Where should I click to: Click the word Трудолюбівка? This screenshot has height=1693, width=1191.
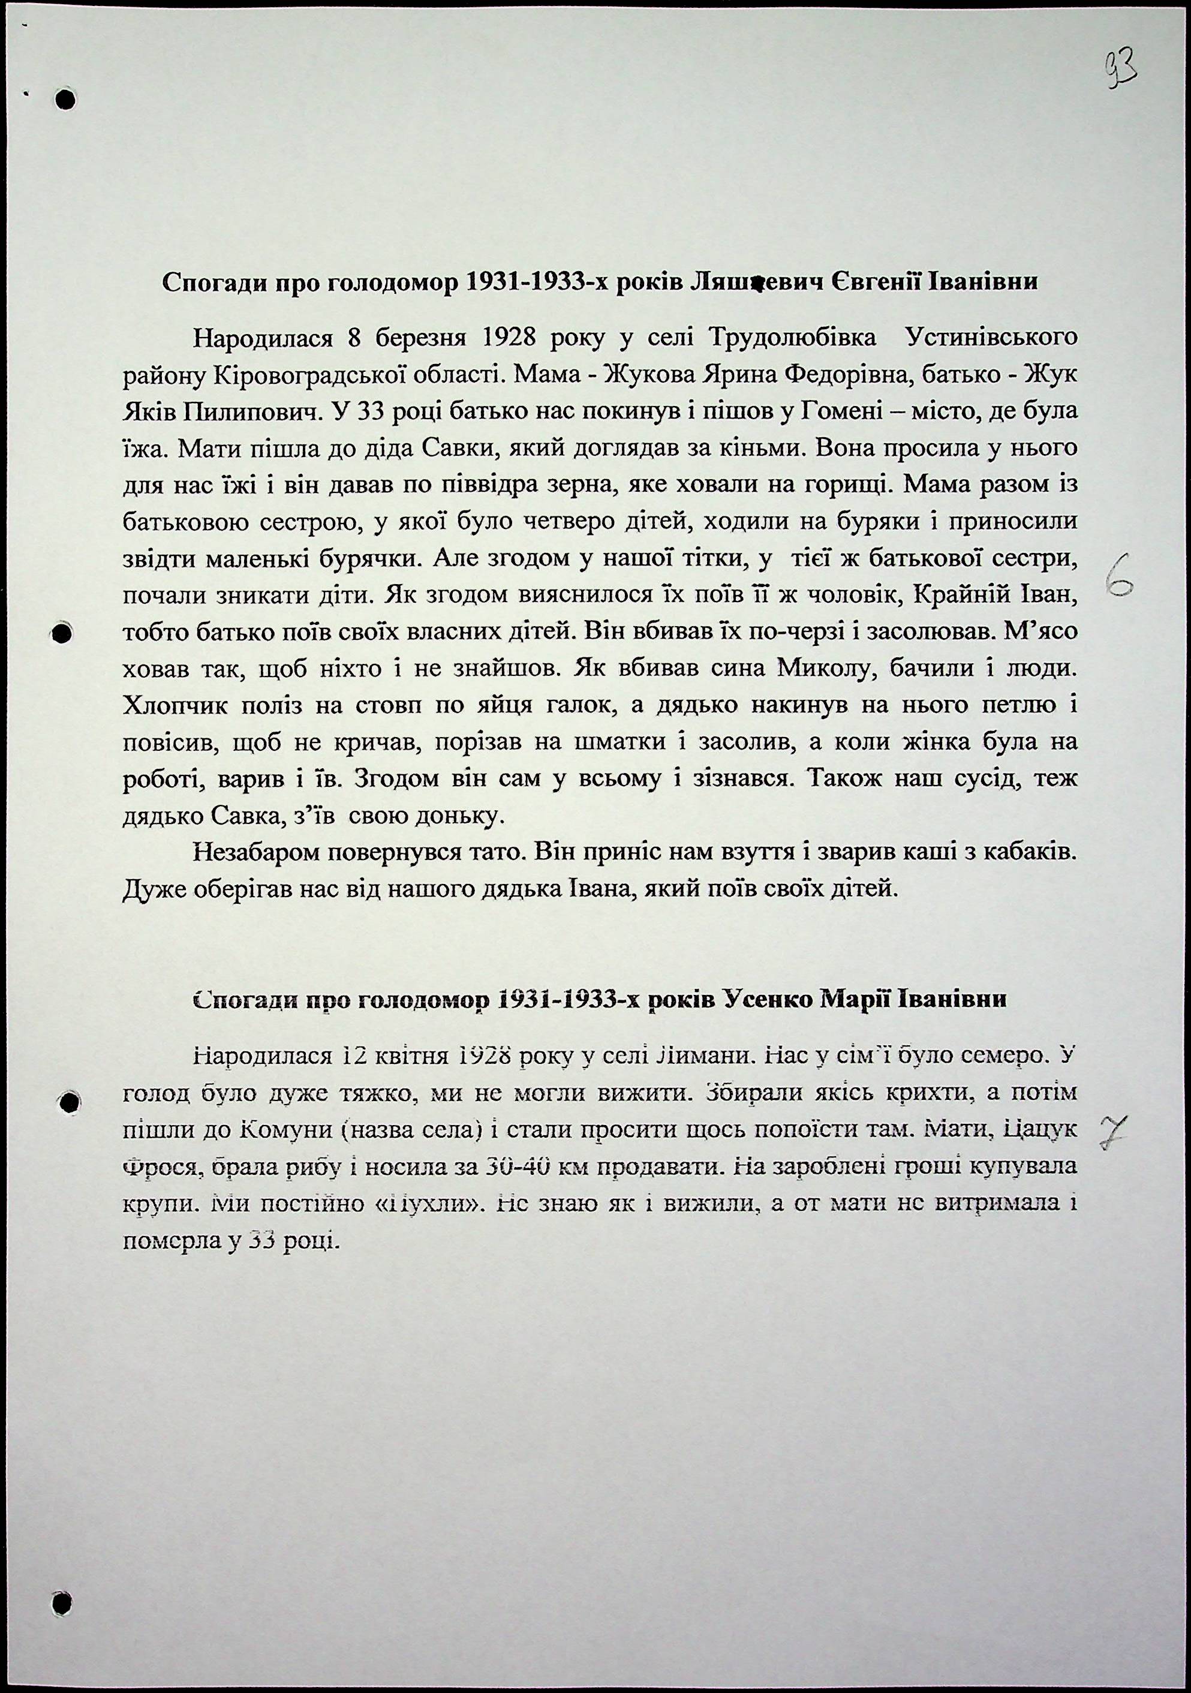pos(792,338)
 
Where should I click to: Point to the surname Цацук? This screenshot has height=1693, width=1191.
pos(1044,1130)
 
